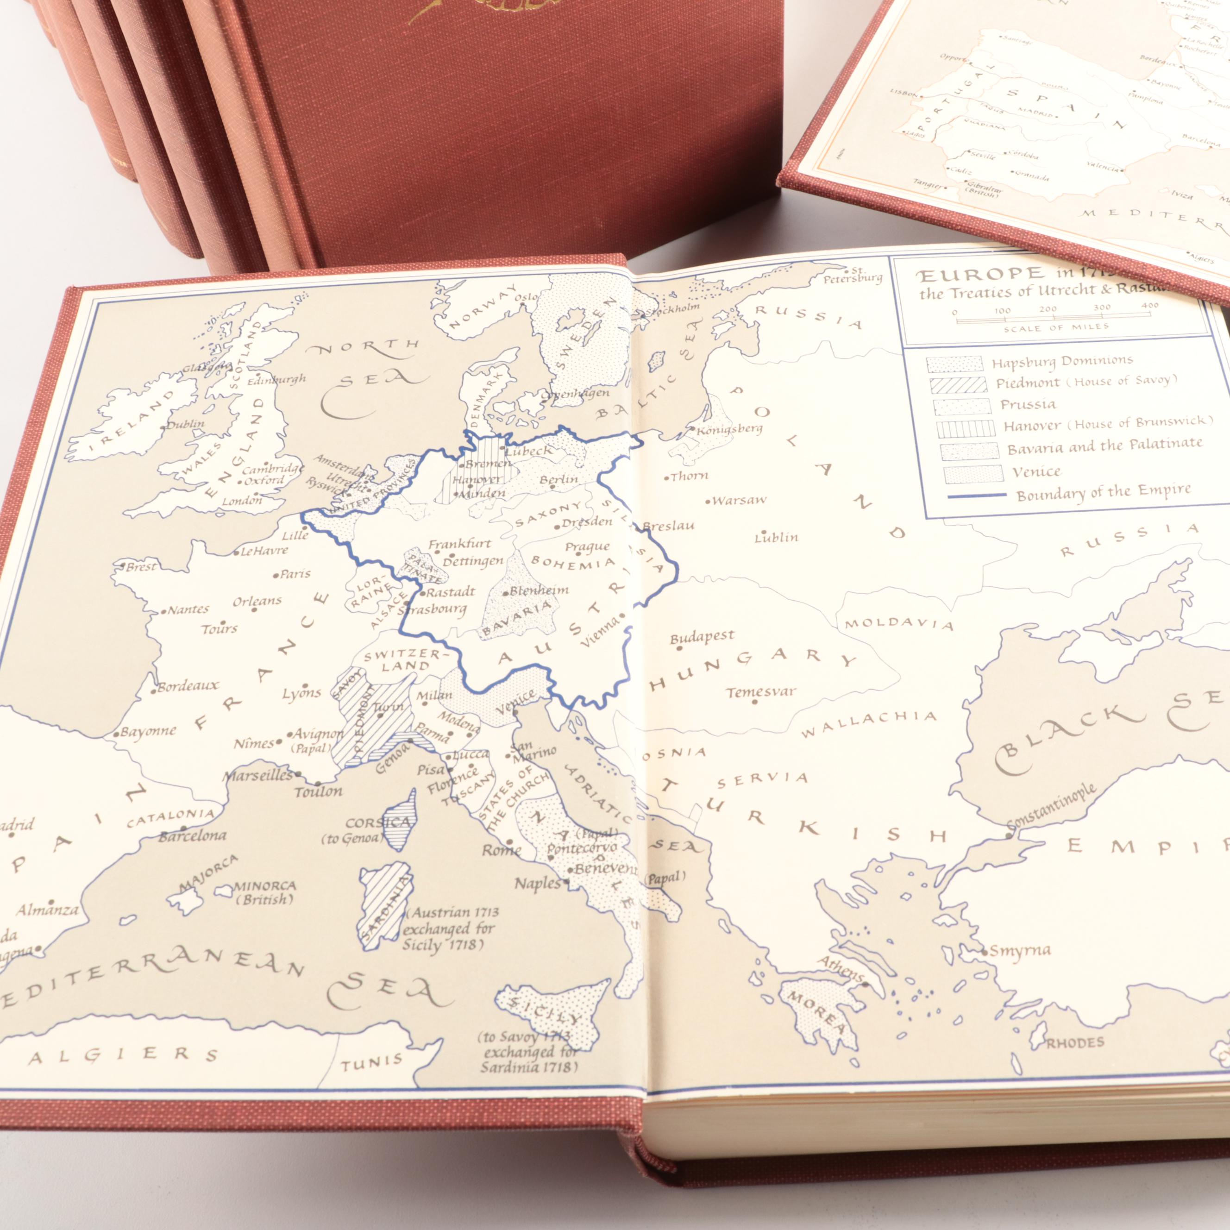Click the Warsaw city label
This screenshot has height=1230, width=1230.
click(739, 500)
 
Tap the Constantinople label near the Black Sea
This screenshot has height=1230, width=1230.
click(1054, 808)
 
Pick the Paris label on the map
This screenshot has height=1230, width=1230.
click(295, 574)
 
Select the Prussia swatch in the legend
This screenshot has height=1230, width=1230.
click(961, 406)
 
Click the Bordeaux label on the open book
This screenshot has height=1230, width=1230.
click(188, 687)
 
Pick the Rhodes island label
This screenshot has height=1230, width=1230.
click(1075, 1042)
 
